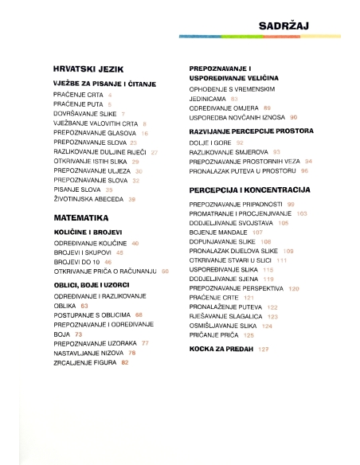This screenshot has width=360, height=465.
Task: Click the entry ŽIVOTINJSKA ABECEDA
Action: pos(88,199)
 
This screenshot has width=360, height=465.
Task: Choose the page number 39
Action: pos(132,199)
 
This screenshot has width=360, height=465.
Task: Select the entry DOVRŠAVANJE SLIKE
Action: pos(78,114)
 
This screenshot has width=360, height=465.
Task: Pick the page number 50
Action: pos(165,272)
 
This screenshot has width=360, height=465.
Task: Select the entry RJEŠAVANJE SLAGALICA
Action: pos(226,315)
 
